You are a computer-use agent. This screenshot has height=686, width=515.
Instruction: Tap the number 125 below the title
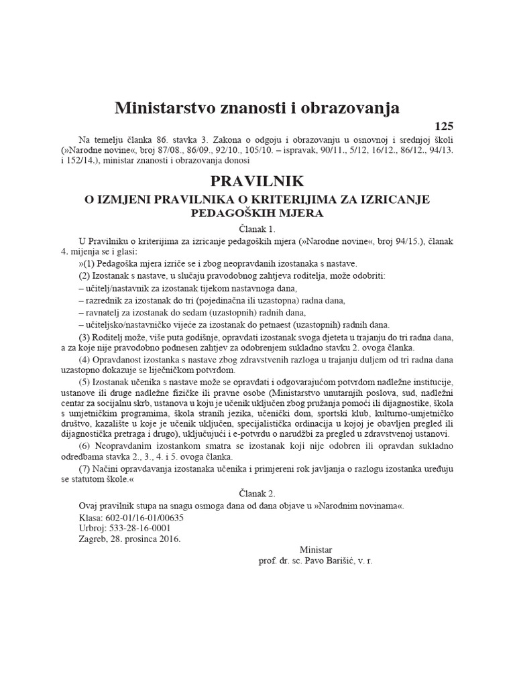click(445, 125)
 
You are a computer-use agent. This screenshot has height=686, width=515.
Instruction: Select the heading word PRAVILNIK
click(257, 182)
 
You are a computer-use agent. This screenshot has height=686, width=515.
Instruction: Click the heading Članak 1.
click(257, 229)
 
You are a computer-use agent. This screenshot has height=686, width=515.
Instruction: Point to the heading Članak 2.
click(257, 492)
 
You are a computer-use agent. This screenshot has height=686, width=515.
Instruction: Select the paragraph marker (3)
click(84, 336)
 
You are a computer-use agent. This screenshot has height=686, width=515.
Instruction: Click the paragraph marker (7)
click(84, 469)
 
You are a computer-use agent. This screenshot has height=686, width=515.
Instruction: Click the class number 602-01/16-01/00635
click(144, 517)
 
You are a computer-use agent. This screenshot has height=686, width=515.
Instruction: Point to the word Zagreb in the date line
click(93, 539)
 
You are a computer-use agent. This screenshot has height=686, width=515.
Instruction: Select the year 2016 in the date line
click(170, 539)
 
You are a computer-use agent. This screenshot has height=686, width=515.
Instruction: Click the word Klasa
click(91, 517)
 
